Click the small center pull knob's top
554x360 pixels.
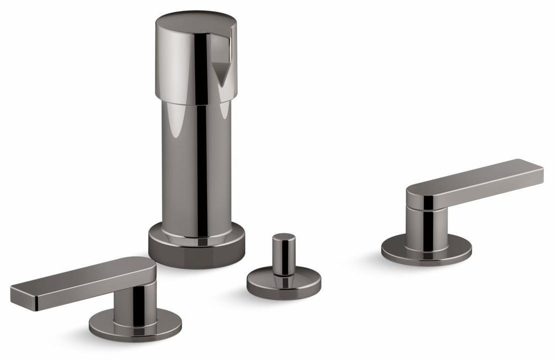pos(283,237)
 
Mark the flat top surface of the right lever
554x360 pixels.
pos(474,174)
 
